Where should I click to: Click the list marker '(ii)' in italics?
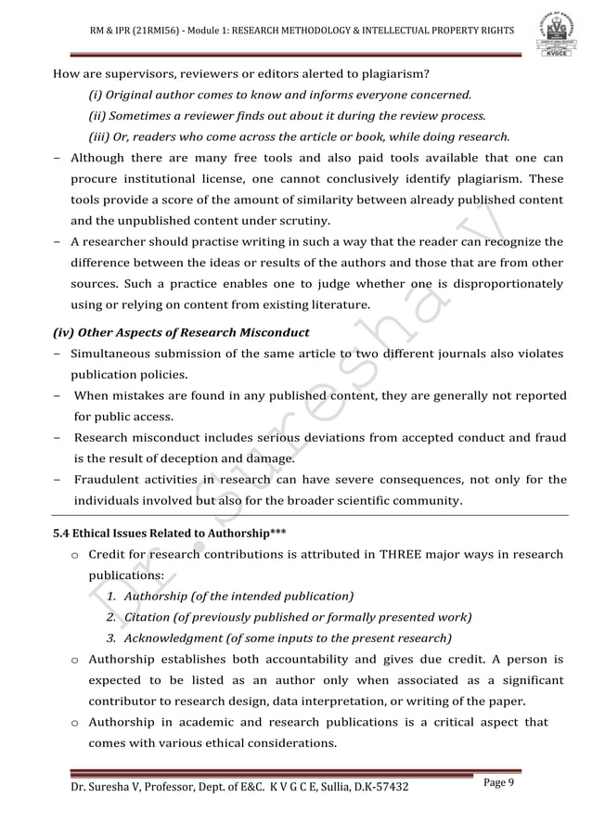coord(97,116)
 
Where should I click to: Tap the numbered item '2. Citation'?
coord(139,617)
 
